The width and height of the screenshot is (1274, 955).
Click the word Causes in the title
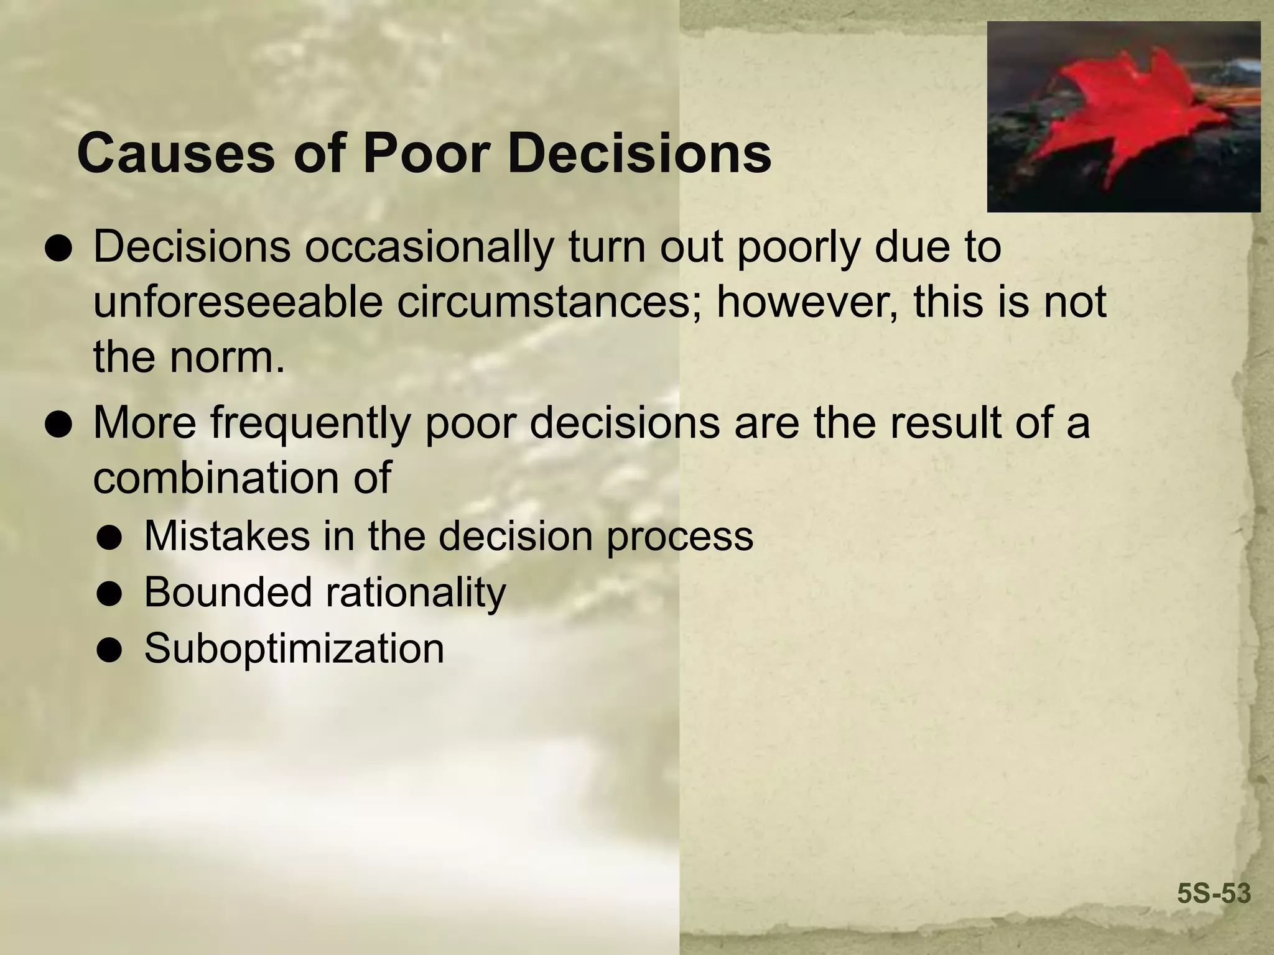click(175, 154)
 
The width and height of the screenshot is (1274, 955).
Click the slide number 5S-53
click(1214, 893)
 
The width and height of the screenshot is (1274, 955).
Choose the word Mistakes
click(226, 536)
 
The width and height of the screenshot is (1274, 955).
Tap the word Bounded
click(228, 592)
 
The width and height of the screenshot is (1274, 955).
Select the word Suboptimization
click(294, 648)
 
